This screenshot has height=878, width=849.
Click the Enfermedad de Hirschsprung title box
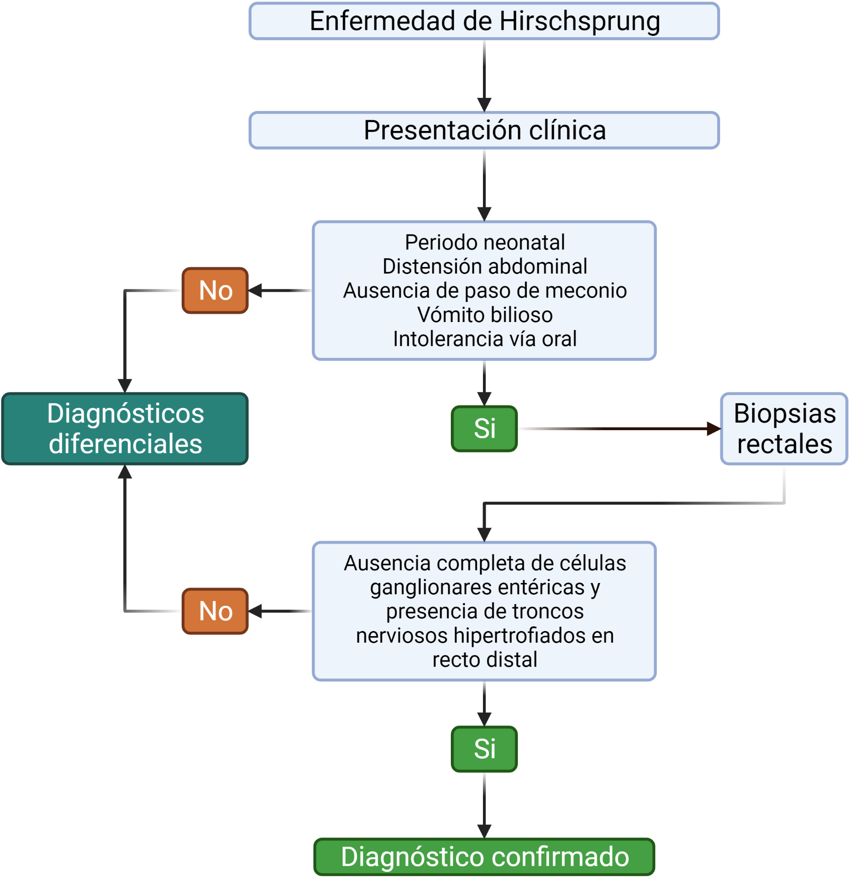pos(484,21)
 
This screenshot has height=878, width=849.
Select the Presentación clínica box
pos(484,130)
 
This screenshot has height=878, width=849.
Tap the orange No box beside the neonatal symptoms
pos(215,290)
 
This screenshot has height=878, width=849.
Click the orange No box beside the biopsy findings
pos(215,611)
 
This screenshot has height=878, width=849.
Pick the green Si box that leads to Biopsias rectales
pos(484,428)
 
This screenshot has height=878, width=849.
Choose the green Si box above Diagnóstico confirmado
pos(484,749)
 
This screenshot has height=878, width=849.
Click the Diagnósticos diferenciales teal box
pos(125,429)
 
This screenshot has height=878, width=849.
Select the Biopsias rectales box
pos(784,429)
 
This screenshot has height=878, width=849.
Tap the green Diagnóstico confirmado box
pos(484,857)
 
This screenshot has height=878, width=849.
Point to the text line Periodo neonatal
pos(484,242)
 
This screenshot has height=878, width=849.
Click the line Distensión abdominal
pos(484,267)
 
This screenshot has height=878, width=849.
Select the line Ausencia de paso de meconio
pos(484,291)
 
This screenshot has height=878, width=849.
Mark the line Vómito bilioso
pos(484,315)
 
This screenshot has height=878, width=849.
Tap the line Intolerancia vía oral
pos(484,339)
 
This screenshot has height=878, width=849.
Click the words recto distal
pos(484,660)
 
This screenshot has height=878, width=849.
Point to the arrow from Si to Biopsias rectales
pos(619,428)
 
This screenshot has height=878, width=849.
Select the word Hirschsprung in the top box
pos(580,21)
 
